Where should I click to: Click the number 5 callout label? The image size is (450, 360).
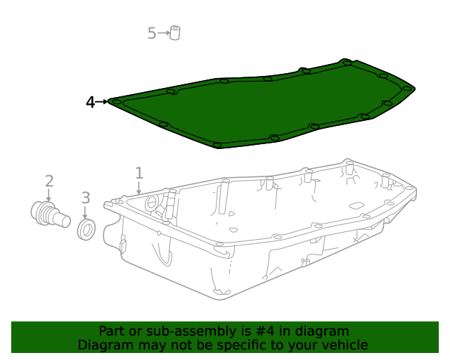(x=152, y=33)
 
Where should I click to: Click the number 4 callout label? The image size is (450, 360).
(x=90, y=102)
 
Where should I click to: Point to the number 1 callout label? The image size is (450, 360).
(x=139, y=173)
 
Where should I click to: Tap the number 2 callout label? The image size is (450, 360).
(x=49, y=181)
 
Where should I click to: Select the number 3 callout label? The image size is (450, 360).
(x=86, y=198)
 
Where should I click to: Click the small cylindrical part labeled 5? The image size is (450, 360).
(x=175, y=33)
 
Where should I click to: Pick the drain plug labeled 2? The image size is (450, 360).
(x=51, y=214)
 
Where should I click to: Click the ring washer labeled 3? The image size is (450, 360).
(x=86, y=229)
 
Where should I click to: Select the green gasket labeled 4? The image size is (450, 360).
(x=261, y=104)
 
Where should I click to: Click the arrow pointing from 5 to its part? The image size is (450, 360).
(x=164, y=33)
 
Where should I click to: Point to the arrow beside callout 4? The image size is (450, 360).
(x=101, y=102)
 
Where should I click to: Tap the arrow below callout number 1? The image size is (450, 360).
(x=139, y=188)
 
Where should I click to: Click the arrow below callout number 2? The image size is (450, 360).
(x=49, y=195)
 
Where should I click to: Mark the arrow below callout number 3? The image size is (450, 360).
(x=85, y=212)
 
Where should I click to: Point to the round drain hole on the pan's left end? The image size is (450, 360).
(x=151, y=202)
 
